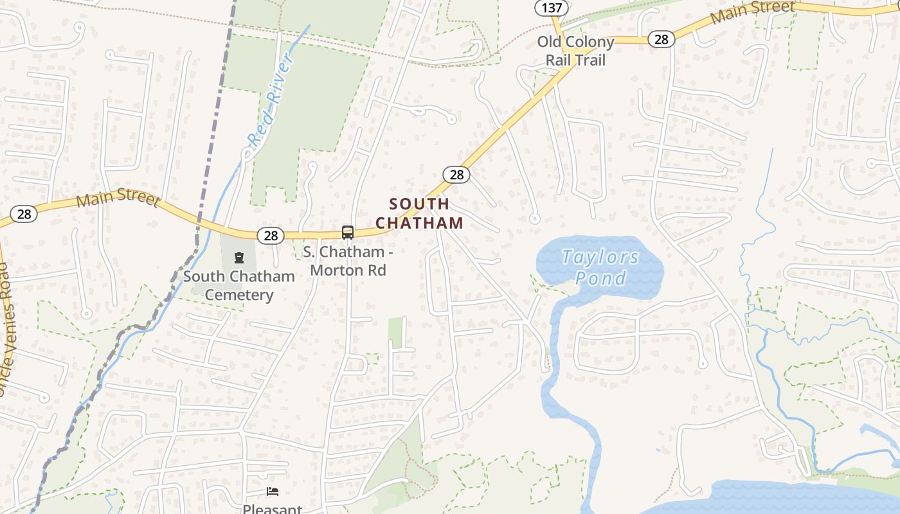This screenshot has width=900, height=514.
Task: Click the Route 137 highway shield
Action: (x=552, y=8)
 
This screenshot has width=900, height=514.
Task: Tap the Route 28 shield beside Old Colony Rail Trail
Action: (x=661, y=39)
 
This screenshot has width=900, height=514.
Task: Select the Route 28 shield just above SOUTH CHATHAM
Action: (x=456, y=174)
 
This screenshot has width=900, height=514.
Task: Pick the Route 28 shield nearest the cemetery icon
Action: (x=271, y=236)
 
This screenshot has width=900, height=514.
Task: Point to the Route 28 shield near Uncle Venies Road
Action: (x=24, y=213)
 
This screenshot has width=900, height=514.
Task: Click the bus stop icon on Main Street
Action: (x=348, y=232)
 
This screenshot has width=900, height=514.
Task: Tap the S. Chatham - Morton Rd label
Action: (x=348, y=260)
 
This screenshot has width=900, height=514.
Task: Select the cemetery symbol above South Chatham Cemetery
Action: (x=239, y=258)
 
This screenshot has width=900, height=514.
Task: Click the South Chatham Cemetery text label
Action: (x=239, y=285)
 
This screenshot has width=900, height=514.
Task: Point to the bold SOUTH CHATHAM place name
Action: (x=419, y=213)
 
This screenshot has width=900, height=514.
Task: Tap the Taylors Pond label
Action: (x=600, y=267)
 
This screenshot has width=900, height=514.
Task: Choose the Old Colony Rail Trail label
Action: (x=575, y=51)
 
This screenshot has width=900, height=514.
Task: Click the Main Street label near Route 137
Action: (x=752, y=12)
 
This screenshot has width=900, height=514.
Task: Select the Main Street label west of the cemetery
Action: (x=118, y=197)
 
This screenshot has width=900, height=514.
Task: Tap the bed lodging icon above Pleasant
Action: (x=273, y=492)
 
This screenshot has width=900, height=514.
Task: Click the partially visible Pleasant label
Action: (x=273, y=509)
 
